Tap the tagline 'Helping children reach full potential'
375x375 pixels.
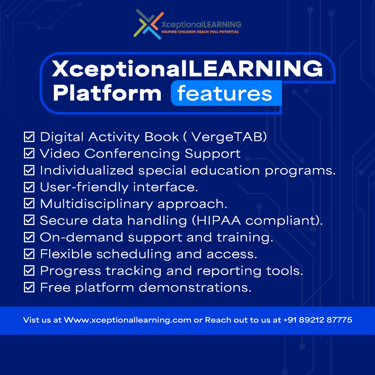click(200, 32)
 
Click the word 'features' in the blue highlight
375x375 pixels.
click(225, 93)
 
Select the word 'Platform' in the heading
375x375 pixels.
click(107, 93)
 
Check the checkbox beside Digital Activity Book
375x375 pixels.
click(29, 137)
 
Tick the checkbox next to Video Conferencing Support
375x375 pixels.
click(29, 153)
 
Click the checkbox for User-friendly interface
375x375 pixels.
click(29, 187)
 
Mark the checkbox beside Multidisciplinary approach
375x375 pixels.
click(29, 203)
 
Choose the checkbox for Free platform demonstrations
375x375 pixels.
click(29, 287)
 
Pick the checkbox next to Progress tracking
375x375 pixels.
click(29, 270)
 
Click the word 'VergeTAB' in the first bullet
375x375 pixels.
click(227, 137)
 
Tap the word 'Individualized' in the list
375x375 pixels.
click(86, 170)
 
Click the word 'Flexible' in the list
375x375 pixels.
click(66, 254)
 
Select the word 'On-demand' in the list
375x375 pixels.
click(82, 237)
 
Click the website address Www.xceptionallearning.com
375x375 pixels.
click(128, 320)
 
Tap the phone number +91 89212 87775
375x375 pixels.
click(318, 320)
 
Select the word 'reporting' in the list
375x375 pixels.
click(229, 271)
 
